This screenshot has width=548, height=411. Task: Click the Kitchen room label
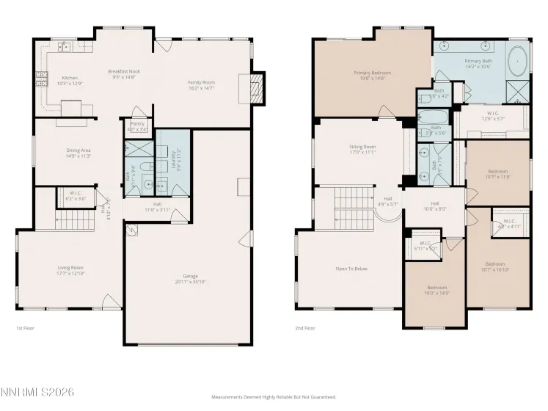point(70,77)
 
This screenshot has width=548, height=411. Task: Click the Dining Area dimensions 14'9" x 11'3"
point(78,156)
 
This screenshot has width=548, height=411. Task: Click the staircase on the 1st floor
point(72,219)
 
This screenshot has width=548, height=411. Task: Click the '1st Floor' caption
point(26,328)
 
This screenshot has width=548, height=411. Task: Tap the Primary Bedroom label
point(372,73)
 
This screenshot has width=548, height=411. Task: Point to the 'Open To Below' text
point(351,268)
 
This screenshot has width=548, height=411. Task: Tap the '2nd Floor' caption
point(304,328)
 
